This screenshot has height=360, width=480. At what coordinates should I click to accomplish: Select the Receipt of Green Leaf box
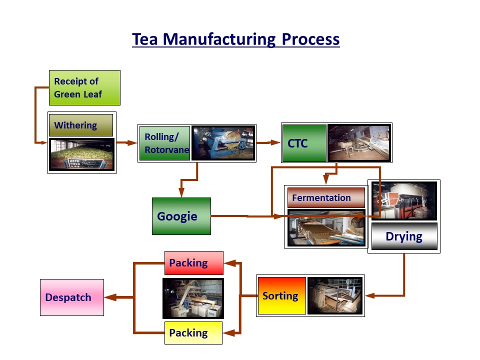pos(84,87)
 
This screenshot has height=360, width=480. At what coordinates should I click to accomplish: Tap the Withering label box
pos(81,125)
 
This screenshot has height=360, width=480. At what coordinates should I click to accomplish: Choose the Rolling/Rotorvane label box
pos(164,143)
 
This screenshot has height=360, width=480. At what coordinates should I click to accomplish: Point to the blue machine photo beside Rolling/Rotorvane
pos(223,143)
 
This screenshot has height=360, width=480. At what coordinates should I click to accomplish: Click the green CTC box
pos(304,143)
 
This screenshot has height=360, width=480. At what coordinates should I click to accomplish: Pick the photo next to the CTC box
pos(358,143)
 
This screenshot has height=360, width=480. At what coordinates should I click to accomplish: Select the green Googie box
pos(181,216)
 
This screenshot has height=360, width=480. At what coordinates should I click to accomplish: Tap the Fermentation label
pos(326,197)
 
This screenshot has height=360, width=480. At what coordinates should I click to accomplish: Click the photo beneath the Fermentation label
pos(326,228)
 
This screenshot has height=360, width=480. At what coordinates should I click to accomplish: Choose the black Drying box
pos(404,236)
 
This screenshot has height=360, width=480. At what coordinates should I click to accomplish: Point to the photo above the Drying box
pos(404,201)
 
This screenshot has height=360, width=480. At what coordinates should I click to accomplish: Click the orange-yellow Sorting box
pos(281,295)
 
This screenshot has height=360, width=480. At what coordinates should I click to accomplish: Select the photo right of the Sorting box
pos(334,295)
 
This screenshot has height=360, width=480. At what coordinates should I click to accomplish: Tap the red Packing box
pos(193,262)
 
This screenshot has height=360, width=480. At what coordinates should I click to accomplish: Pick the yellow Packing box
pos(193,332)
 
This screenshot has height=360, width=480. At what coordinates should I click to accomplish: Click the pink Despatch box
pos(72,297)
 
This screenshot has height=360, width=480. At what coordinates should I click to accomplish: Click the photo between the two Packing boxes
pos(193,298)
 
